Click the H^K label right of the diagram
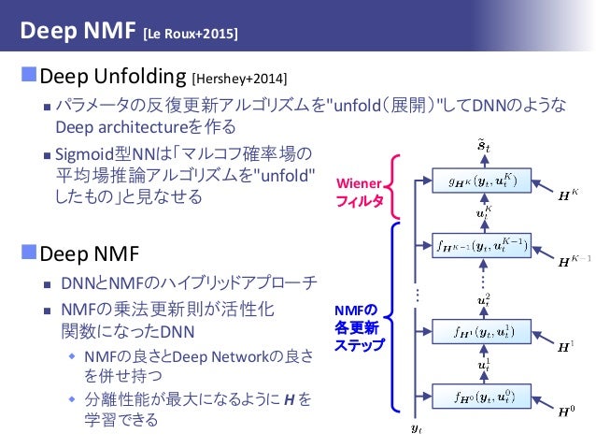566,195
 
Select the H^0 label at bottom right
566,411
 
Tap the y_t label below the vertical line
417,429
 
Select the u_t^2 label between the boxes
483,298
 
